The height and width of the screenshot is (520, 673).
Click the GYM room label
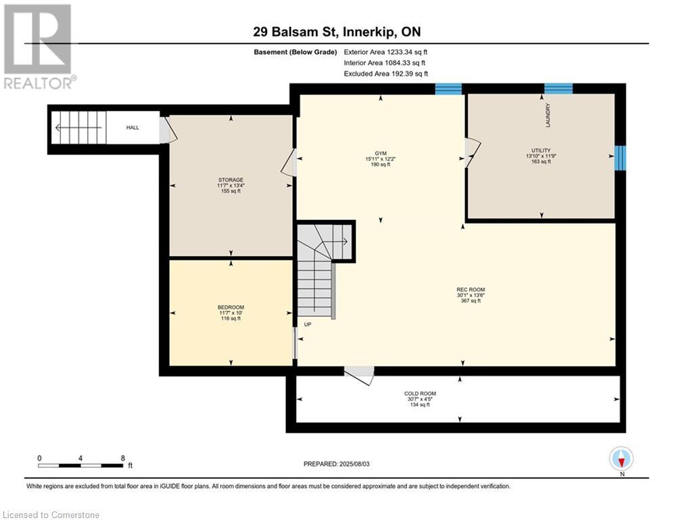(380, 154)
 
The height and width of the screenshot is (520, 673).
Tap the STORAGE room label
(231, 180)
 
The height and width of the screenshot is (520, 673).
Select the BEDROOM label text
(231, 307)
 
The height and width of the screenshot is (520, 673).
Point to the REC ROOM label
(471, 290)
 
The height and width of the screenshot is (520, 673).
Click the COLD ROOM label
(420, 393)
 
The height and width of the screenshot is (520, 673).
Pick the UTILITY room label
(541, 150)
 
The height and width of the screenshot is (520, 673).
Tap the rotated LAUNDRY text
(548, 115)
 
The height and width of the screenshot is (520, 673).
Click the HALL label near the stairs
(133, 128)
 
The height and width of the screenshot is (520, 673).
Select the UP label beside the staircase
(308, 324)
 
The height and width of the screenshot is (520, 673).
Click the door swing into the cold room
(360, 375)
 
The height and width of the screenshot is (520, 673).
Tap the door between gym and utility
(472, 152)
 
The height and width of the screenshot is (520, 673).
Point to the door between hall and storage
(168, 130)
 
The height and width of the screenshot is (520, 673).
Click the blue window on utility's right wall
(620, 158)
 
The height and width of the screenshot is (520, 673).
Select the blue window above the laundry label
(559, 89)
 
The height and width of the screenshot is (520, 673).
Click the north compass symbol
(622, 459)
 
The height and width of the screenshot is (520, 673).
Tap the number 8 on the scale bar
(122, 458)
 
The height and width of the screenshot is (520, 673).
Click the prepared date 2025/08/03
(354, 464)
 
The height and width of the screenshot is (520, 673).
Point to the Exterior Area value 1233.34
(399, 52)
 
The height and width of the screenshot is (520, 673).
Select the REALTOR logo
(39, 47)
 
